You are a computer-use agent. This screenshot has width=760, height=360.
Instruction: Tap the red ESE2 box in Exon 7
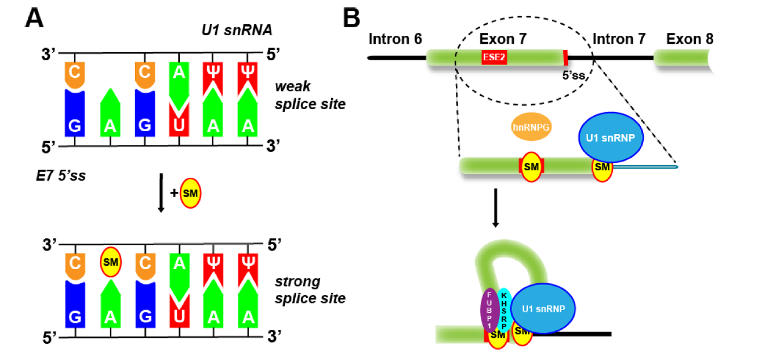tap(494, 57)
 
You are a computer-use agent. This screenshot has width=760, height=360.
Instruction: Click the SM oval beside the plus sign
tap(191, 194)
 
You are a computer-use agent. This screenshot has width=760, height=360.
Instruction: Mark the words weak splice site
tap(309, 97)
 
